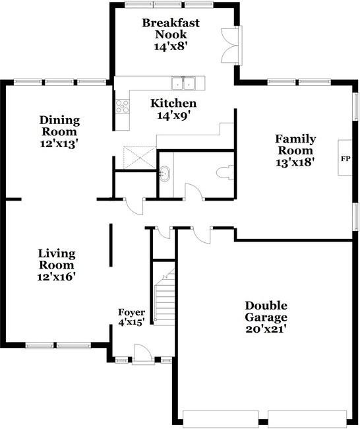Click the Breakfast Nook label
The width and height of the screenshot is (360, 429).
coord(171,28)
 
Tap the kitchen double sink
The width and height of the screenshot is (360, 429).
coord(183,83)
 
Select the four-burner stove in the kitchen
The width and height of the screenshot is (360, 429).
coord(122,106)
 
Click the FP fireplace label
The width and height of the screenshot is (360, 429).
coord(345,158)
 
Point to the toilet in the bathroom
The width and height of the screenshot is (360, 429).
coord(225,173)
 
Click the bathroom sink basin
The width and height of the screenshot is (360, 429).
coord(165,174)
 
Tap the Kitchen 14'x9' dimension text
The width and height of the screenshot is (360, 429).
coord(173,115)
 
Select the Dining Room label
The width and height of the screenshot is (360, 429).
coord(59,126)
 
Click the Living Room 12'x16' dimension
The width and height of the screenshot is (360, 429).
coord(56,277)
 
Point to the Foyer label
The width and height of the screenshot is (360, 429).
coord(131,312)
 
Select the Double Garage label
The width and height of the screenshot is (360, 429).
coord(266,312)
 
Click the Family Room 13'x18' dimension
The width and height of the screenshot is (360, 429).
coord(294,162)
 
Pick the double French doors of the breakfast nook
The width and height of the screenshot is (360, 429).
coord(231,46)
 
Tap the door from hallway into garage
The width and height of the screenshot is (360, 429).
coord(202,236)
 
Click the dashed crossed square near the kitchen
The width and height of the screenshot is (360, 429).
coord(140,158)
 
